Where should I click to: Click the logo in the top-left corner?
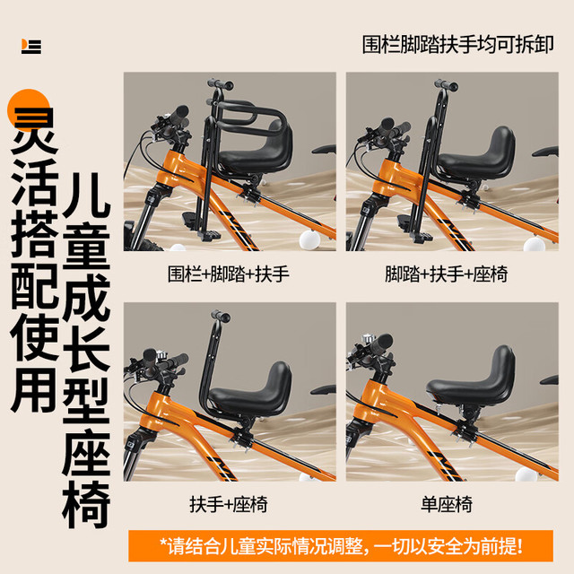pos(31,47)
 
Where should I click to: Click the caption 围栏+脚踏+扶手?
pos(229,274)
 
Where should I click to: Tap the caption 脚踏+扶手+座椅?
pos(447,274)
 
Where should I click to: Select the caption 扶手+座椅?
pos(229,504)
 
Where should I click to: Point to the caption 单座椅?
pos(447,504)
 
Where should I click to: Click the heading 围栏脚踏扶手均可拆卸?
pos(457,45)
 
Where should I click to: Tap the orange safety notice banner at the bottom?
pos(341,546)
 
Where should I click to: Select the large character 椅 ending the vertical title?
pos(86,504)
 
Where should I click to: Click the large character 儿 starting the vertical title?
pos(86,193)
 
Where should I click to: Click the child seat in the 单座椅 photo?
pos(473,380)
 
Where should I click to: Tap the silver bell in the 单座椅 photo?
pos(367,339)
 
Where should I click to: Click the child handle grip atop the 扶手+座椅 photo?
pos(220,317)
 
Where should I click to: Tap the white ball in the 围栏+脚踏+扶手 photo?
pos(309,239)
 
